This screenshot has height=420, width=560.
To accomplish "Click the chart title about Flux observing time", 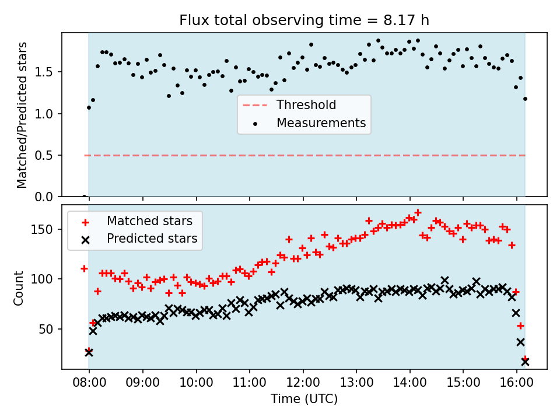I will point(304,20).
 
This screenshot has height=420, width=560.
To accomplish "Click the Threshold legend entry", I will point(306,105).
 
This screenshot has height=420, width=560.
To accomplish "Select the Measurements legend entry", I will point(321,123).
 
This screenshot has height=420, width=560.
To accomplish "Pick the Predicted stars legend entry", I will point(152,239).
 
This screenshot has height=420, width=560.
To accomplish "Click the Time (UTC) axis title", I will point(304,400).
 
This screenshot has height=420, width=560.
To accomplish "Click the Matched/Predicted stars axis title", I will point(23,115).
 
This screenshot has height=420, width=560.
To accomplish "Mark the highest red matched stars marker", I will point(418,213).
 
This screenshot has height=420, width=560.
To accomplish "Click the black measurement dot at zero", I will point(84,197).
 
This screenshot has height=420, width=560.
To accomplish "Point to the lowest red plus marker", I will point(525,359).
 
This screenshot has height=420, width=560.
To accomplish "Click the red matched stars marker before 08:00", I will point(84,268).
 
